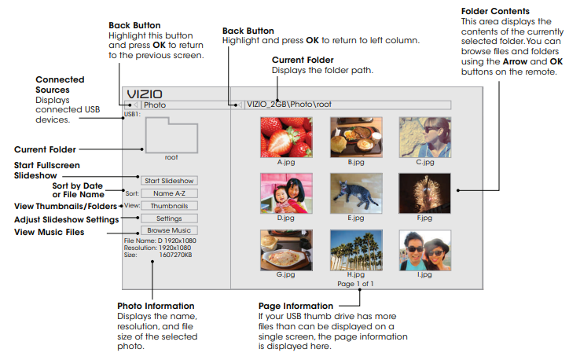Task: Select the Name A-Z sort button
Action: [x=169, y=193]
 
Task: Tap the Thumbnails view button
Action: [x=169, y=206]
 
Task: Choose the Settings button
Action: [x=169, y=219]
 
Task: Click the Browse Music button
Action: [x=169, y=230]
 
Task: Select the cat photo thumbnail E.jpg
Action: [x=355, y=193]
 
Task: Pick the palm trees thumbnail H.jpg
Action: [x=355, y=249]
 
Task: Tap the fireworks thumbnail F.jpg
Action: [x=424, y=193]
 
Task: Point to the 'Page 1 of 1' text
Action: [x=355, y=284]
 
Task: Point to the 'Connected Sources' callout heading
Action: [x=61, y=85]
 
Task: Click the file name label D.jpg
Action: [x=286, y=218]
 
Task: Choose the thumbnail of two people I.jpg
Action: [x=424, y=249]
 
